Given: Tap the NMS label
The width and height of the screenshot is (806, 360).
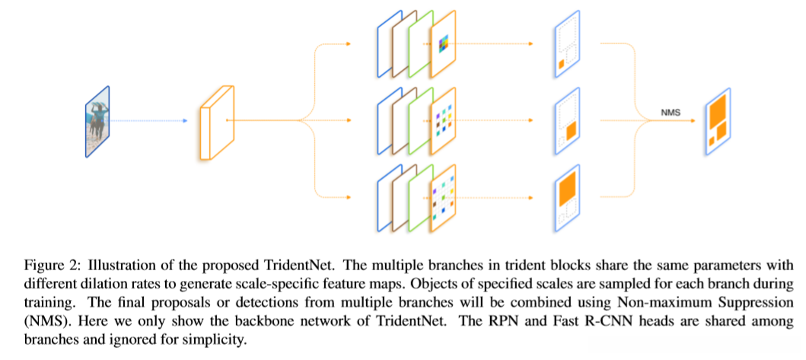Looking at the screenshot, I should coord(670,113).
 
